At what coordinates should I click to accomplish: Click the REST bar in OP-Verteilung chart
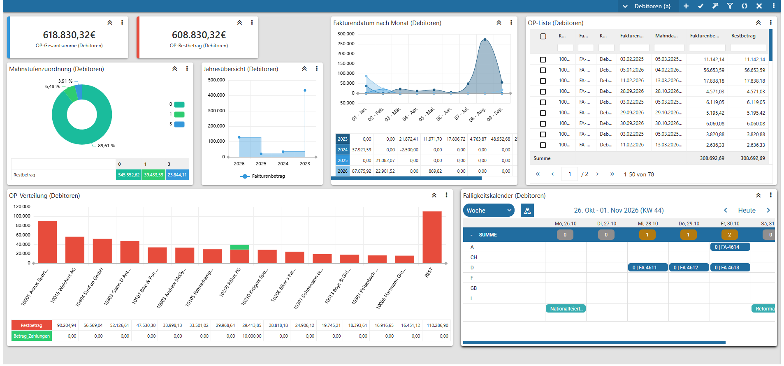432,237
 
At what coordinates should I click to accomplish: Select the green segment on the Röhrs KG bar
239,247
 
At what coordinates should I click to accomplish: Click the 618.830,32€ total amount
69,35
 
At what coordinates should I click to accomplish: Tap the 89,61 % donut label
107,146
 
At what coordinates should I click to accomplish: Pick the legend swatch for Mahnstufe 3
179,124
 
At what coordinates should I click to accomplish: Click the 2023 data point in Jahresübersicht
305,90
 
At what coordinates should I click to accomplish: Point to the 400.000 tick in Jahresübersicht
216,95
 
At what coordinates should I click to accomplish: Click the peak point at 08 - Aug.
485,39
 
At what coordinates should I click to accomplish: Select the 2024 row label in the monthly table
343,150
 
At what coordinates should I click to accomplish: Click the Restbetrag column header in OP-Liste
743,36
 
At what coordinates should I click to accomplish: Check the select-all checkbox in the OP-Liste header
543,36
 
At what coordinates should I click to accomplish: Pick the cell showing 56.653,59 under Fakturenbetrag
714,70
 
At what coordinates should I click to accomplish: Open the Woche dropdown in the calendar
489,210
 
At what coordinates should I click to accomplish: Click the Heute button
747,210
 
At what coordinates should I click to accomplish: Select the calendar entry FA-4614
730,247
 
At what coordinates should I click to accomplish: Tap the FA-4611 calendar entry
648,267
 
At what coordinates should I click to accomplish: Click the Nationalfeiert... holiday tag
566,308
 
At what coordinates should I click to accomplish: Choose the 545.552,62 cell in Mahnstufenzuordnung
129,175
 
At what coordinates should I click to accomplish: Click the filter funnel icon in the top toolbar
730,6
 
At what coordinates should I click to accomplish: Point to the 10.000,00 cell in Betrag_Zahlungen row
252,336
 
